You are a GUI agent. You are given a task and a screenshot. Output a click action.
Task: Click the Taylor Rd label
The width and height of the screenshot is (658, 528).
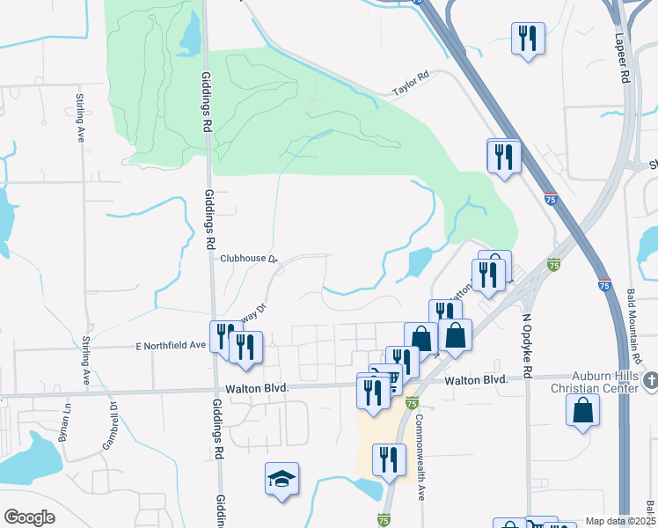click(411, 83)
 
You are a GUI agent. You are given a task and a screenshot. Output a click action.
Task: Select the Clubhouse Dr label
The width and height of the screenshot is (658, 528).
click(249, 259)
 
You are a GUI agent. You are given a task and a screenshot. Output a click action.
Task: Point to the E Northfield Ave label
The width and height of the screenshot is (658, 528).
click(172, 345)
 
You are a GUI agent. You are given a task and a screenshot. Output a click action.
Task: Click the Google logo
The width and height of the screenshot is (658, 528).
click(29, 517)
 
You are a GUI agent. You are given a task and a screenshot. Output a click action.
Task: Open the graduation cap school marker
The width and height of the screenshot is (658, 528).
click(281, 479)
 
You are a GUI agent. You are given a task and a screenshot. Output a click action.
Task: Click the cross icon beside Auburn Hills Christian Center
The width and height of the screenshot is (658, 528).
click(650, 379)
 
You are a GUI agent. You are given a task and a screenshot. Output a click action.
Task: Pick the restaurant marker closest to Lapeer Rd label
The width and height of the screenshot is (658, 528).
click(528, 38)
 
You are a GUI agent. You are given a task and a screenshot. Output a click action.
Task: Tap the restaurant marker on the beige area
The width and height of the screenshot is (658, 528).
click(387, 458)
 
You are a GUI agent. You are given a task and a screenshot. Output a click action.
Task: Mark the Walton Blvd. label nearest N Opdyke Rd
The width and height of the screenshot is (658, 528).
click(476, 380)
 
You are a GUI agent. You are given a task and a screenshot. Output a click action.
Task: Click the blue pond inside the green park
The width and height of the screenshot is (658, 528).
click(190, 35)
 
